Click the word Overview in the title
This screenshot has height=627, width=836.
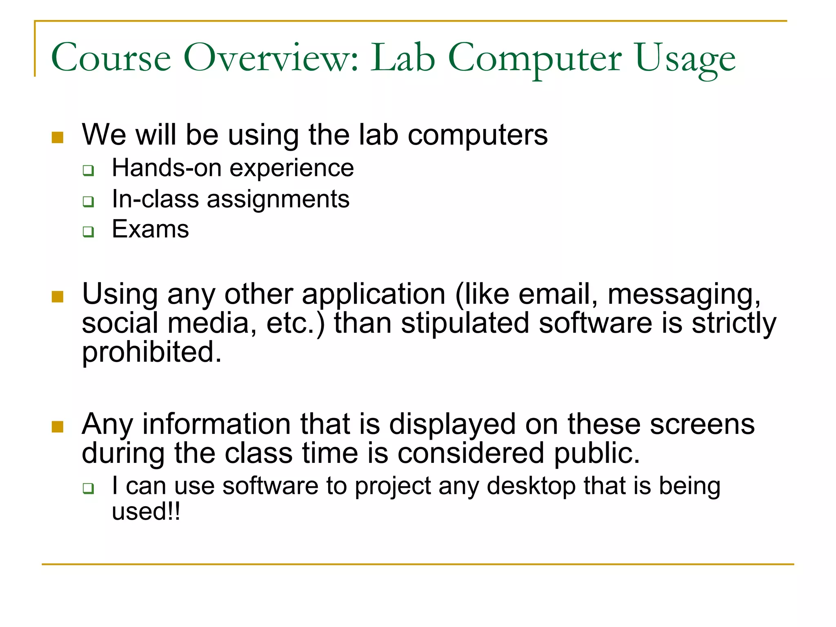[x=271, y=58]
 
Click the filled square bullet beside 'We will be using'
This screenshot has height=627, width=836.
[x=58, y=138]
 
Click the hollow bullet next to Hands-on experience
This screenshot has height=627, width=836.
[x=88, y=170]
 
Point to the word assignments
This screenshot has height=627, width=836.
[x=278, y=200]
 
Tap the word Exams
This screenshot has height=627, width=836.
[x=150, y=229]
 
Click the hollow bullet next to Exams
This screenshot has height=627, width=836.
[x=88, y=232]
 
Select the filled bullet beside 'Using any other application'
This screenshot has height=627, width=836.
[x=58, y=297]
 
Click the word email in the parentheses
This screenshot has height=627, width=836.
[x=554, y=294]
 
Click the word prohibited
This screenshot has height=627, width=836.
[x=151, y=353]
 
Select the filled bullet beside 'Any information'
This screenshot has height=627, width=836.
[x=58, y=427]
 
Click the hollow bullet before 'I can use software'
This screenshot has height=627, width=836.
[x=88, y=488]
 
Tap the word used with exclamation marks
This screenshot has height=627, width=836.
[x=145, y=512]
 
